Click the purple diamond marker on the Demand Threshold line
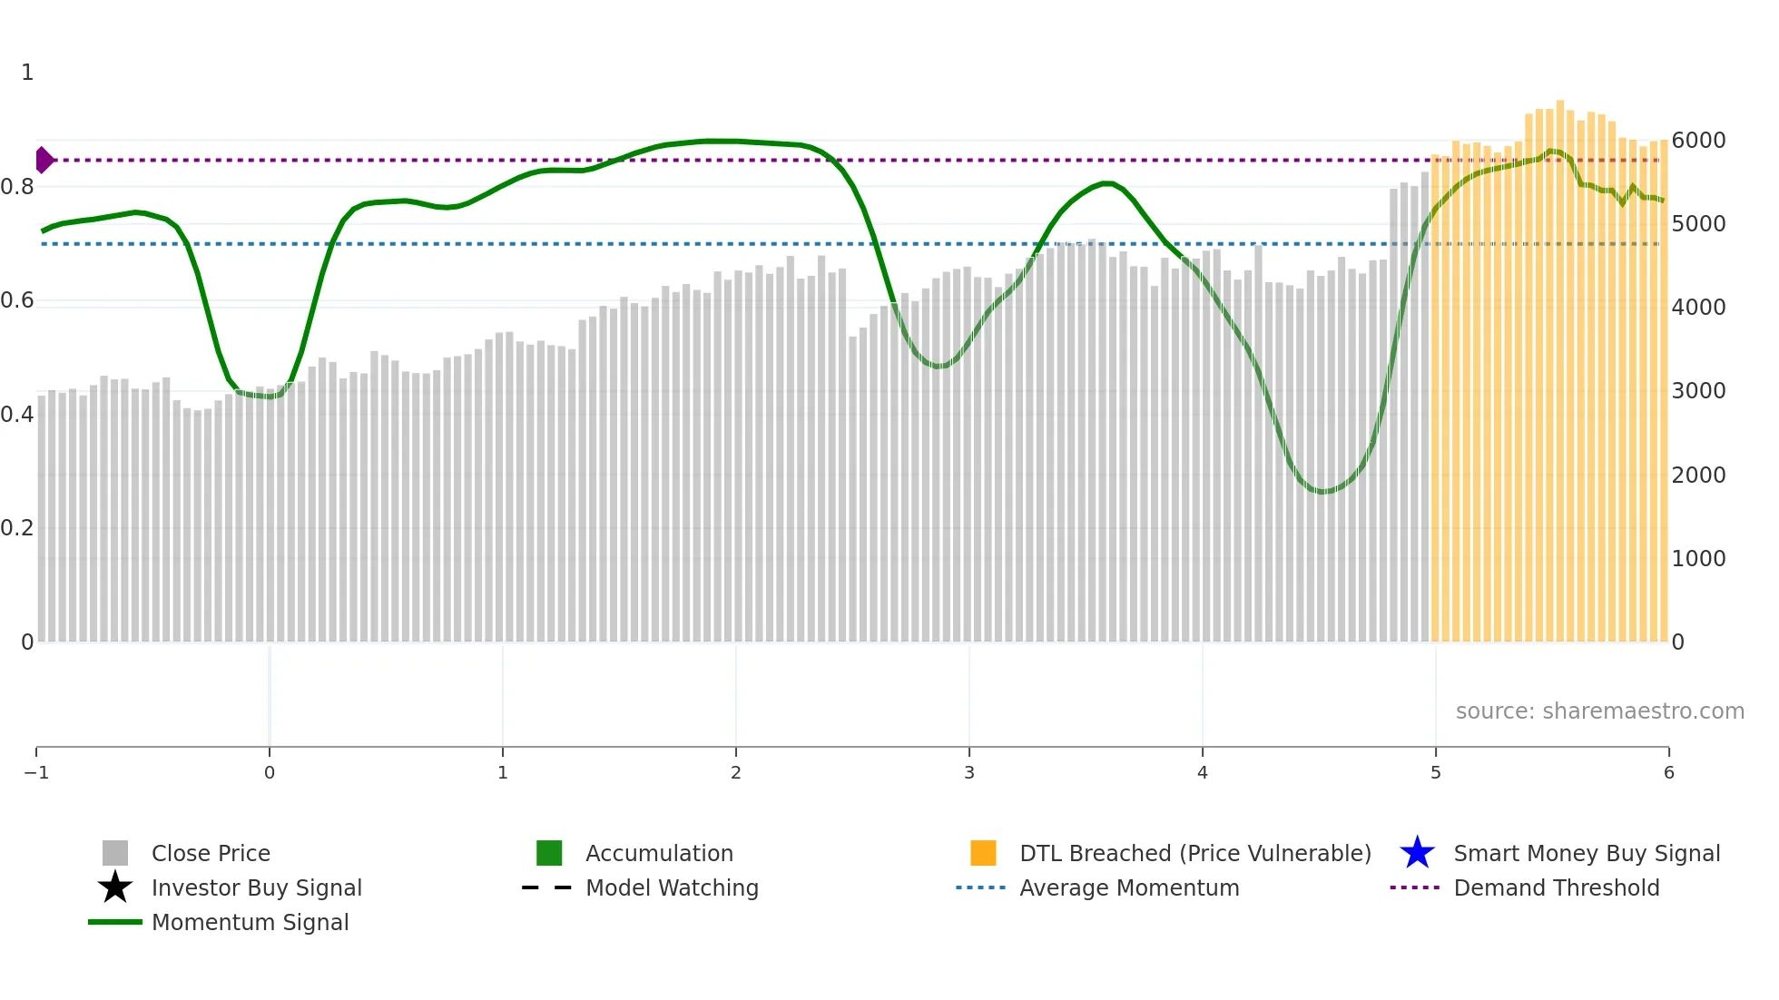pyautogui.click(x=44, y=160)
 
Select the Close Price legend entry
pyautogui.click(x=210, y=853)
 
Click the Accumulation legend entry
pyautogui.click(x=658, y=853)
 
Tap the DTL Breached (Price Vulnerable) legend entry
pyautogui.click(x=1194, y=853)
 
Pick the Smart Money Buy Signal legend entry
pyautogui.click(x=1586, y=853)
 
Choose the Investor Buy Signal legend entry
pyautogui.click(x=256, y=887)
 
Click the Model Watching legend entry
pyautogui.click(x=671, y=887)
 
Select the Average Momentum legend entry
pyautogui.click(x=1128, y=887)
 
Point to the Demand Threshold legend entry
pyautogui.click(x=1556, y=887)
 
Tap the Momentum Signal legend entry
pyautogui.click(x=250, y=922)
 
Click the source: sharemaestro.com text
pyautogui.click(x=1599, y=711)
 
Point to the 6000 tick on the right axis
pyautogui.click(x=1698, y=141)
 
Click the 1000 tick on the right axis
pyautogui.click(x=1698, y=558)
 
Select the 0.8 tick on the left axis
pyautogui.click(x=17, y=187)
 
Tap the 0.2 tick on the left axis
pyautogui.click(x=17, y=528)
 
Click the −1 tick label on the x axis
pyautogui.click(x=36, y=772)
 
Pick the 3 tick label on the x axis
pyautogui.click(x=969, y=772)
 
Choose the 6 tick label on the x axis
pyautogui.click(x=1668, y=772)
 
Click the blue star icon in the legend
pyautogui.click(x=1417, y=853)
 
